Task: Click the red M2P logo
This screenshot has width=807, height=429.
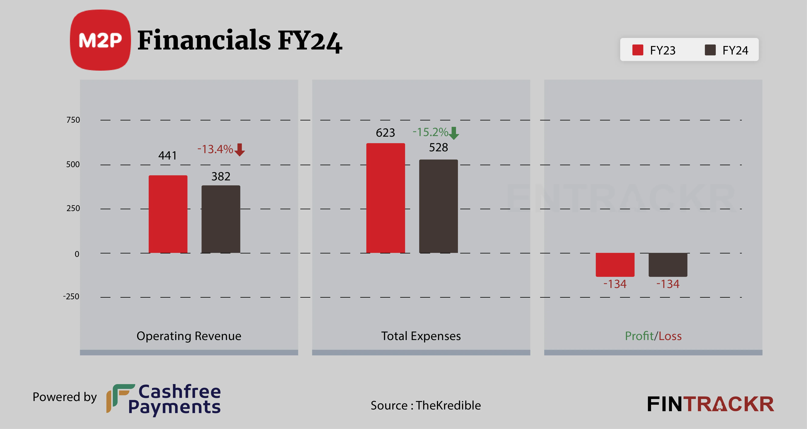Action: pos(100,40)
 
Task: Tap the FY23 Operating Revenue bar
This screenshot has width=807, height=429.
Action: pos(168,214)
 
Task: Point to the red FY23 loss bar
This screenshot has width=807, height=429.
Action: pos(615,265)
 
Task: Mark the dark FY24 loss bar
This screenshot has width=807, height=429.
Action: pos(668,265)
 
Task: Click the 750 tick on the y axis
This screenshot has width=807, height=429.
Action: pos(73,120)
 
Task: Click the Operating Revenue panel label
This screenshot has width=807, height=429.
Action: pos(189,336)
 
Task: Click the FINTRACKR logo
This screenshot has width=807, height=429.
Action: pos(710,404)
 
